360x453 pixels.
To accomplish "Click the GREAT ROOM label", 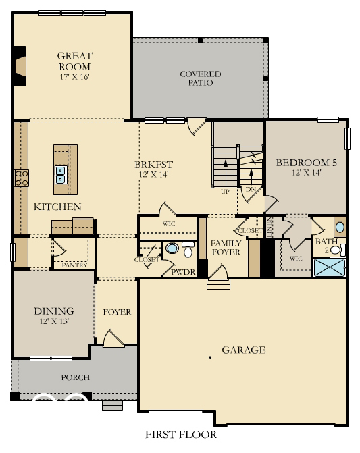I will [x=74, y=61].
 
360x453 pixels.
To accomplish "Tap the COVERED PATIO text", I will [x=200, y=78].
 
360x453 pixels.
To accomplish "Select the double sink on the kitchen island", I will [x=60, y=175].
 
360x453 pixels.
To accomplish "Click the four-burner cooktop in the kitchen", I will [x=22, y=178].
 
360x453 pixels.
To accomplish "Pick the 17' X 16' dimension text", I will [x=74, y=76].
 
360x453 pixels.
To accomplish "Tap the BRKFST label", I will [x=154, y=165].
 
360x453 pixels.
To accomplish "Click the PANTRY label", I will [x=74, y=265].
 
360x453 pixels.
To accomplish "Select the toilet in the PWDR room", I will [x=187, y=251].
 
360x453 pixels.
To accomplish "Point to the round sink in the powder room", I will [x=172, y=249].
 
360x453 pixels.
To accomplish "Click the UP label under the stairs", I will [x=225, y=192].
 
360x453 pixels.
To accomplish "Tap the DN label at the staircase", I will [x=251, y=190].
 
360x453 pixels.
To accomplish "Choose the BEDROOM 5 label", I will [x=306, y=163].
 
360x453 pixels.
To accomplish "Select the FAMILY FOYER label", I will [x=226, y=248].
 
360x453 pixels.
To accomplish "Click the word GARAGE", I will [x=244, y=350].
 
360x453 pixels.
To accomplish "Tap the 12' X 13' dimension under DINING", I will [x=53, y=321].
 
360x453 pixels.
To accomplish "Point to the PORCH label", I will [x=75, y=377].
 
